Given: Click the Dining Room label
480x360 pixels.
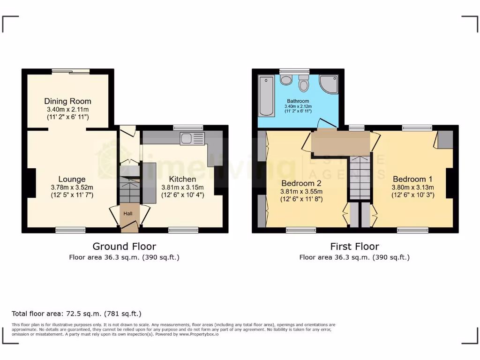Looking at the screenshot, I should (x=67, y=101).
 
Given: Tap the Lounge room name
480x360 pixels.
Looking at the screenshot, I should (x=72, y=179).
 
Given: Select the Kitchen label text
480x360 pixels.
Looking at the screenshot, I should (x=182, y=179).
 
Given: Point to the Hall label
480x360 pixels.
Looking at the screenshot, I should (x=128, y=214).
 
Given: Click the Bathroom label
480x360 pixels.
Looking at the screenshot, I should (x=298, y=101).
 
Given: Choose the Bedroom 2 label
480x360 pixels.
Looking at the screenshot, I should (x=301, y=183).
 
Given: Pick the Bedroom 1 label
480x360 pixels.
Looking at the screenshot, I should (x=412, y=179).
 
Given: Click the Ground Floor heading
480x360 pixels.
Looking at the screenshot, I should (x=124, y=247).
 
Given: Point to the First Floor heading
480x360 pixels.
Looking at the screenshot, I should (x=354, y=247).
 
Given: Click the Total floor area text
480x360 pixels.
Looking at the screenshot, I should (x=76, y=314).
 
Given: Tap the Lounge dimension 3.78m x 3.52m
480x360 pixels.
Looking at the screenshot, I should (x=72, y=187).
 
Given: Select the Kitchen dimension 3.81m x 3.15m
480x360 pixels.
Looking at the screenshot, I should (x=182, y=187).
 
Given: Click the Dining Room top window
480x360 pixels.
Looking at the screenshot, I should (x=71, y=71).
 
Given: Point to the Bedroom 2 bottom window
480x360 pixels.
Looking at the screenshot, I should (x=301, y=230).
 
